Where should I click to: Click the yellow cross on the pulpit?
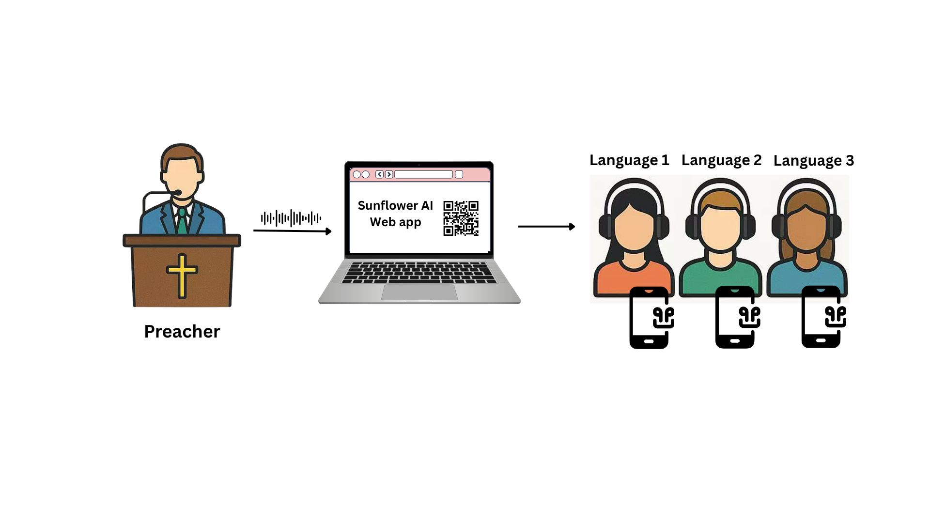182,275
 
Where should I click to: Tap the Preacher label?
182,332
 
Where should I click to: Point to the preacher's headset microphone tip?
178,193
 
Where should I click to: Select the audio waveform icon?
291,218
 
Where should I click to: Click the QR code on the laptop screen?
461,218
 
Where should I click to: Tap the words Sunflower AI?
395,205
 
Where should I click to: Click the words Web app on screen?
395,222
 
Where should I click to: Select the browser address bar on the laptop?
423,174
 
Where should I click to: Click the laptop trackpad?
419,292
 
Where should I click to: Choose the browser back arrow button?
379,174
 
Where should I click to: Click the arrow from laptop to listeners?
546,226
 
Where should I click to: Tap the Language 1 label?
629,160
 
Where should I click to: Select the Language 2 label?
721,160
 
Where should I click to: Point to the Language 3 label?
813,161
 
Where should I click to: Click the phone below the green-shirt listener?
734,318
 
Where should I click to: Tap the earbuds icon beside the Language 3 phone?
836,317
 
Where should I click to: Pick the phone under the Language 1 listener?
649,318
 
